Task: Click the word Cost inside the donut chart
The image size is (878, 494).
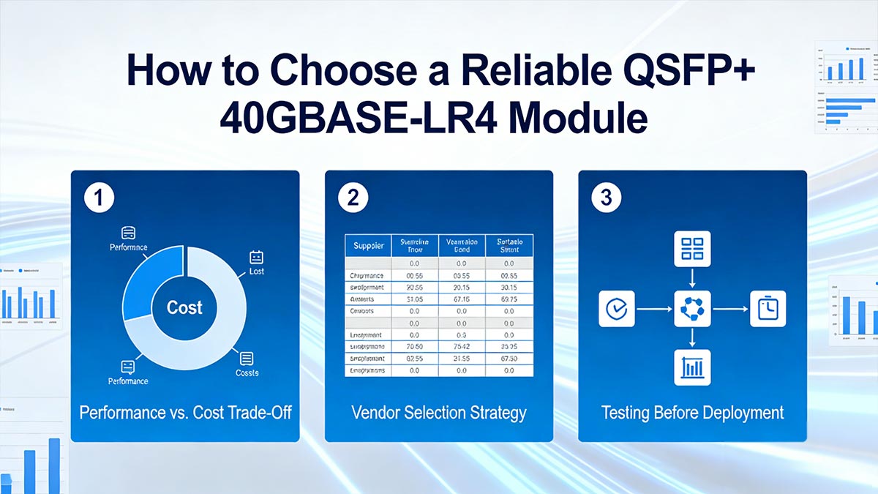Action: click(x=184, y=307)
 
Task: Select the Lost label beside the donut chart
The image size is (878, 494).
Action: click(x=256, y=271)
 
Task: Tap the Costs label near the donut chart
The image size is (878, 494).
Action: click(x=247, y=373)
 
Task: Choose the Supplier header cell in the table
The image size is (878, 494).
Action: click(x=368, y=246)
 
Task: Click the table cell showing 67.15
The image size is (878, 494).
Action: click(x=461, y=299)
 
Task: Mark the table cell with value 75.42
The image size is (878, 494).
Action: click(x=461, y=347)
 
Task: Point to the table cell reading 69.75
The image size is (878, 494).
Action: click(x=508, y=299)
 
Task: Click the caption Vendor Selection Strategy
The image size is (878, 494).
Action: click(x=438, y=413)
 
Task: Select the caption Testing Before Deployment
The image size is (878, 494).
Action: click(x=692, y=413)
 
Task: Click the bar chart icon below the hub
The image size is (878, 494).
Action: click(x=691, y=367)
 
